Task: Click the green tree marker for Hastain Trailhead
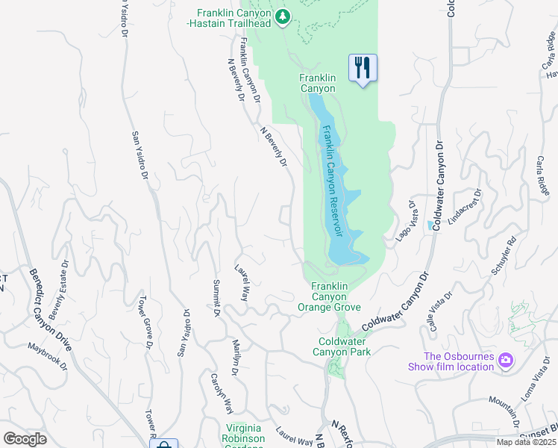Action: [x=282, y=16]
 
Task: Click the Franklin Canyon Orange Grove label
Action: [x=329, y=296]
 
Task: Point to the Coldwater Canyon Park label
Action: [x=341, y=346]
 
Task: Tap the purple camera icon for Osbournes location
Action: [x=506, y=361]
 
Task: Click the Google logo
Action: [x=25, y=438]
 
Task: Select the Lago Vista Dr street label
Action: [x=404, y=220]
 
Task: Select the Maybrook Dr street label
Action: [x=48, y=355]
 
